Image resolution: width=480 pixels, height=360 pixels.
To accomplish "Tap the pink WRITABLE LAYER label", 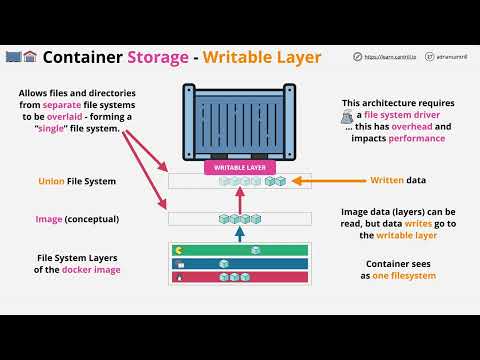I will pos(240,167).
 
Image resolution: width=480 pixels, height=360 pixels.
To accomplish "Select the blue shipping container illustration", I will pos(240,121).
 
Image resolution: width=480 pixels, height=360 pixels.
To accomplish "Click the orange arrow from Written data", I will pos(320,181).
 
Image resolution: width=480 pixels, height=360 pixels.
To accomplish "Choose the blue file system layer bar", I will pos(239,263).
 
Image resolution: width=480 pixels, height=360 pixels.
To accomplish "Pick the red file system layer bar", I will pos(239,277).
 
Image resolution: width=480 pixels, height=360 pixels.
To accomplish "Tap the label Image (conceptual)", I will pos(76,218).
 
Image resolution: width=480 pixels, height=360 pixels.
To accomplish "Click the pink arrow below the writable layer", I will pos(239,198).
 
